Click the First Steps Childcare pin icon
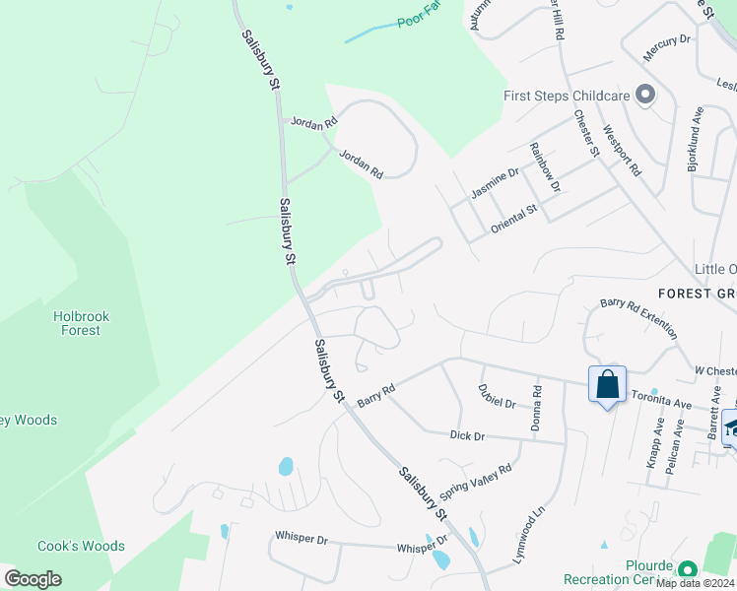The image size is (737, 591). click(x=646, y=96)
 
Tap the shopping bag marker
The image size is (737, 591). click(x=607, y=383)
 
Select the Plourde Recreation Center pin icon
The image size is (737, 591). click(x=687, y=568)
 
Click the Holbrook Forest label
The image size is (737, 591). click(x=81, y=323)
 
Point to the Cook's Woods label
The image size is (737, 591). click(x=81, y=546)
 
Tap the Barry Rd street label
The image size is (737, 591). click(x=375, y=394)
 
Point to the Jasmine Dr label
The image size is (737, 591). click(x=495, y=183)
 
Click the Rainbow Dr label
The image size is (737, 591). click(x=544, y=167)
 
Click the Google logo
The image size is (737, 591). click(x=33, y=578)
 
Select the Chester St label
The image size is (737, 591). click(x=587, y=131)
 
